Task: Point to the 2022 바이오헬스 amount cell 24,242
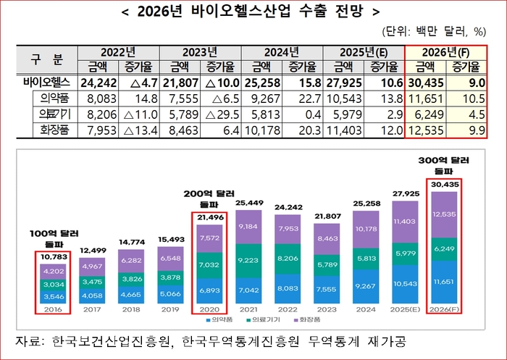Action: [x=98, y=83]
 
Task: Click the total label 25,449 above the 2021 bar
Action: [x=248, y=203]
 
